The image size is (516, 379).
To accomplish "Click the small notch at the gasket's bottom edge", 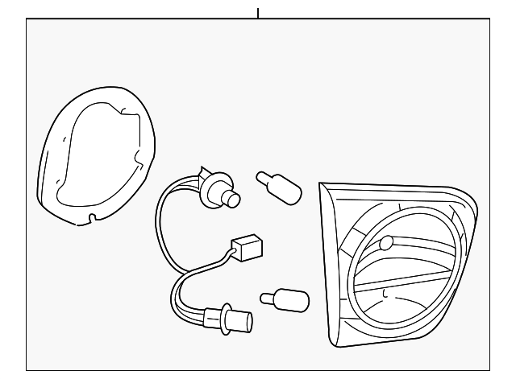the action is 94,216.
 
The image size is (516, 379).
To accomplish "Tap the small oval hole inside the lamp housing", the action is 385,241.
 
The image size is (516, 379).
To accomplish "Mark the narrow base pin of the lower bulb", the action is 265,299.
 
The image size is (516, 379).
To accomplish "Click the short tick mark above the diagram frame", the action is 258,12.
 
